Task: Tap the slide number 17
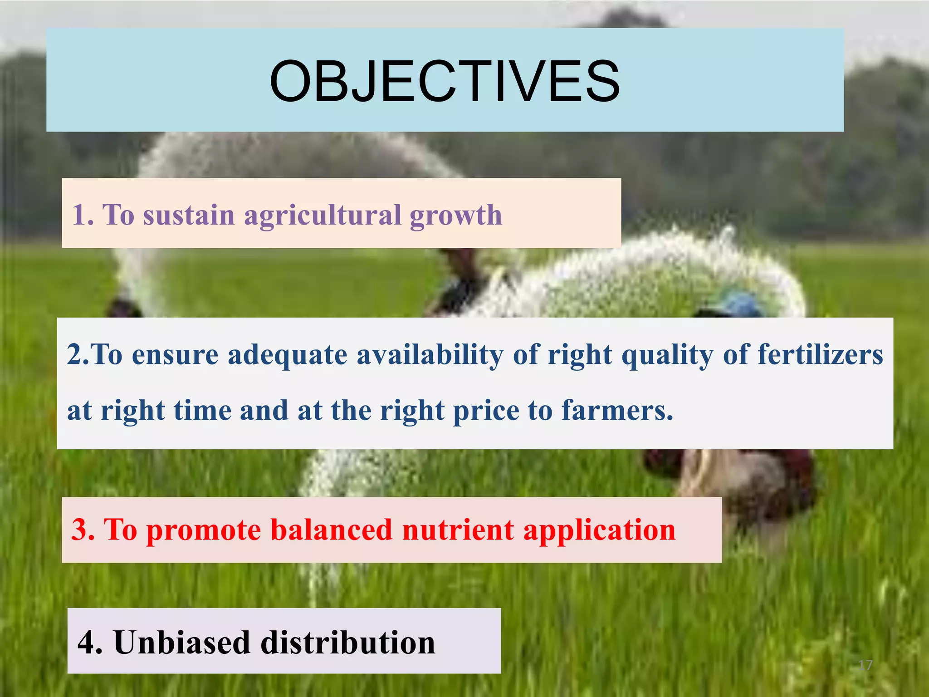(x=865, y=665)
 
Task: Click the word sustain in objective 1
(x=189, y=215)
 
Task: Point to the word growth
(x=456, y=216)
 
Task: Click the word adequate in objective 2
(x=288, y=355)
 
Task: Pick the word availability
(x=430, y=355)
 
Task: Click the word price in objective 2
(x=486, y=411)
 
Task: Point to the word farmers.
(x=617, y=410)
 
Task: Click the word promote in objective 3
(x=204, y=530)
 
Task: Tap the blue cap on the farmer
(x=738, y=303)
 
